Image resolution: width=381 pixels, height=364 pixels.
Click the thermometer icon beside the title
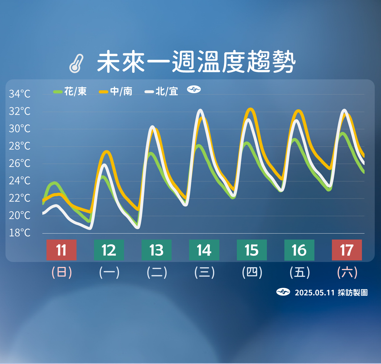coord(76,63)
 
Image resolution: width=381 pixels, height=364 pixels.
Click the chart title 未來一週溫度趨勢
coord(196,62)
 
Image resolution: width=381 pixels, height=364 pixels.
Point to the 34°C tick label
coord(20,94)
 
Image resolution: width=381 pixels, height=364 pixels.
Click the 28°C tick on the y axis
coord(20,146)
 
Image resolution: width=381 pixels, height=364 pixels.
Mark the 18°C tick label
coord(20,233)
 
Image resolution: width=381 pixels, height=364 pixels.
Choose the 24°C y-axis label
coord(20,181)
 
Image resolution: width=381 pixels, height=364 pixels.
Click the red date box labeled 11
coord(61,250)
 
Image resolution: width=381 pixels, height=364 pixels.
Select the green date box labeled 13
coord(156,250)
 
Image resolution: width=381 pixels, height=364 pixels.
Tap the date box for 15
coord(252,250)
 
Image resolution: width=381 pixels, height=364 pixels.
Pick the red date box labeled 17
coord(347,250)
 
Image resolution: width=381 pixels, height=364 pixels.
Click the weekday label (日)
coord(62,272)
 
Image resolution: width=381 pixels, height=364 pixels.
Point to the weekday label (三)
coord(204,272)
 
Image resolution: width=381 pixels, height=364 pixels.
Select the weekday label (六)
coord(347,272)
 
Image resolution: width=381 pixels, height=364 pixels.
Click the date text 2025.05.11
coord(314,293)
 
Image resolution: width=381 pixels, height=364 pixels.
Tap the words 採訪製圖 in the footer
coord(353,293)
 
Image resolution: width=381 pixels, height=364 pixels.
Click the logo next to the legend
coord(194,89)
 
